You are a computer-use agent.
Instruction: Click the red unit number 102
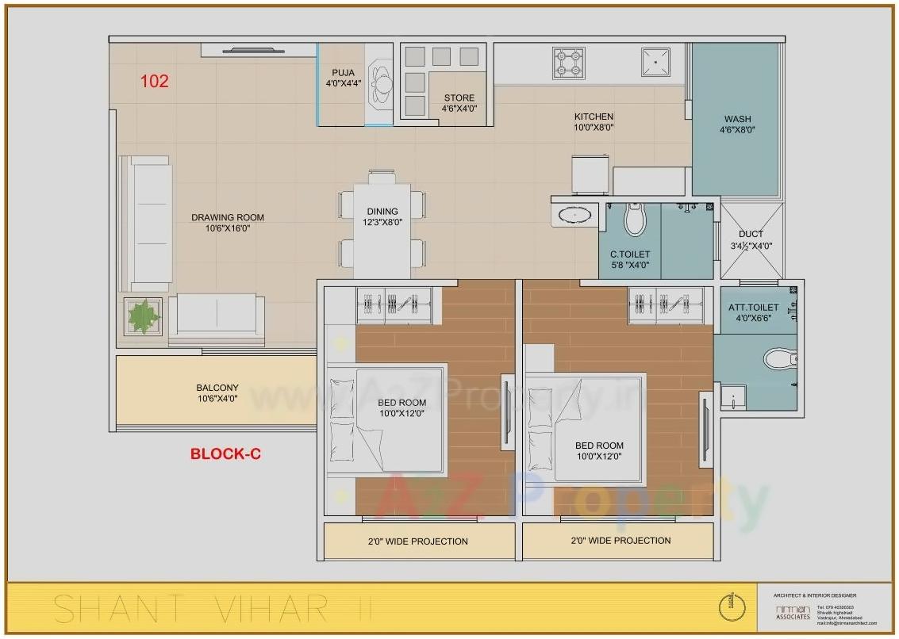point(155,81)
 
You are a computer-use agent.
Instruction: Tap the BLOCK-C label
point(225,454)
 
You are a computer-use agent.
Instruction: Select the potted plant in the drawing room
point(143,317)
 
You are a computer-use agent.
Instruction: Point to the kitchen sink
point(655,60)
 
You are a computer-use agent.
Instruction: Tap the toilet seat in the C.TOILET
point(634,220)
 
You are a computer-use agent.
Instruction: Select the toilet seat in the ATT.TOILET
point(780,359)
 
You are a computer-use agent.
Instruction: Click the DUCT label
point(751,234)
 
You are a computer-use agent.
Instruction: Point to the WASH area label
point(737,120)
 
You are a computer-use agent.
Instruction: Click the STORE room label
point(459,98)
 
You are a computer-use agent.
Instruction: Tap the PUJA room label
point(343,72)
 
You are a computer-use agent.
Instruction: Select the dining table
point(382,230)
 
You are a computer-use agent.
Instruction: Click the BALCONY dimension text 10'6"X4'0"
point(217,399)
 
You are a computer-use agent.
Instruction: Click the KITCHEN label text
point(594,117)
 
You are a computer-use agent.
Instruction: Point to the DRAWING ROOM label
point(228,217)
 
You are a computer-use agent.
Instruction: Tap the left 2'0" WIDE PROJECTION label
point(418,541)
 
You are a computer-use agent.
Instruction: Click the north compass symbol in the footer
point(732,608)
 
